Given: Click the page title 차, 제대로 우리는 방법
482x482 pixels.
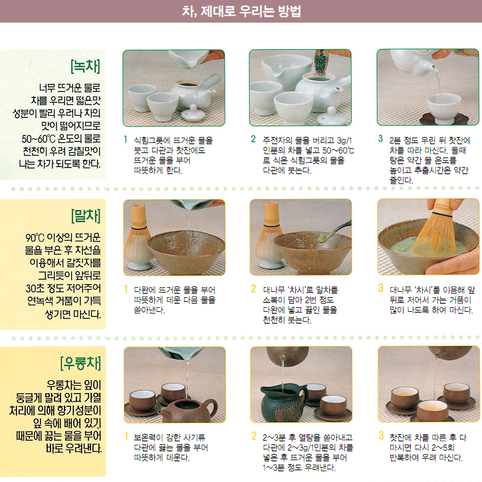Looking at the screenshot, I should [241, 11].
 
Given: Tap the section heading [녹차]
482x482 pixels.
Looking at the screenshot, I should [84, 66].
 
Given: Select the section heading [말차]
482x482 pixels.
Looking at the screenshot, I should [84, 217].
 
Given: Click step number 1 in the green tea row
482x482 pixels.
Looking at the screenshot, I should [126, 140].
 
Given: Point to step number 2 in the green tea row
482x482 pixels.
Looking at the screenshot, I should [253, 140].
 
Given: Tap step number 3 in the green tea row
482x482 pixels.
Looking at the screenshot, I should [380, 140].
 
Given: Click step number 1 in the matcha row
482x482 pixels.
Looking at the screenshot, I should [126, 289].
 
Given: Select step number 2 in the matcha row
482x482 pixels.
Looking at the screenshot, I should [253, 289].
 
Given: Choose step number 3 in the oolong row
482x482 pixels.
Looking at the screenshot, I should [380, 436].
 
